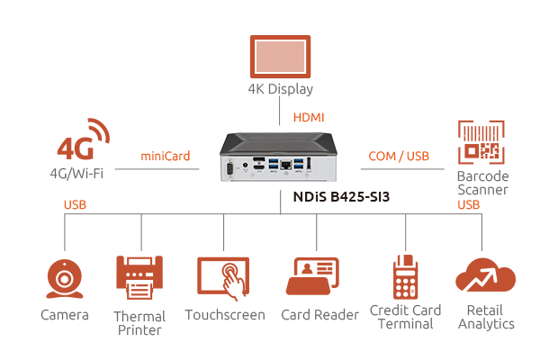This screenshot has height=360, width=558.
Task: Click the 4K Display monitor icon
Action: click(280, 54)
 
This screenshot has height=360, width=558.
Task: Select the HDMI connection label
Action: click(308, 118)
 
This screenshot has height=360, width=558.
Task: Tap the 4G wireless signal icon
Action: click(83, 141)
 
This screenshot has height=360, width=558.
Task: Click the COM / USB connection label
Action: click(399, 157)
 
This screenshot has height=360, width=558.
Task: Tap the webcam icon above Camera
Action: click(65, 279)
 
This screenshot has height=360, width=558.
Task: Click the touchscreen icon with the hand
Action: click(224, 279)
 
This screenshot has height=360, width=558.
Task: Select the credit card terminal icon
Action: click(405, 277)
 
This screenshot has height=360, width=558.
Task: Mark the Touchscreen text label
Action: click(224, 315)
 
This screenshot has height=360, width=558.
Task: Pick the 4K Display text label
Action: click(280, 89)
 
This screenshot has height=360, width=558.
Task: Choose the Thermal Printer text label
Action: click(139, 323)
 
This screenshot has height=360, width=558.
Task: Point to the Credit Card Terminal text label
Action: click(406, 317)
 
